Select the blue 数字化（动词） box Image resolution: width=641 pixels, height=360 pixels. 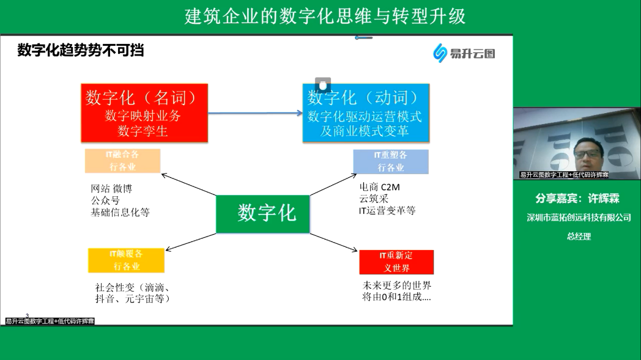click(365, 113)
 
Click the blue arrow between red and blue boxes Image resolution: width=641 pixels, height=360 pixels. click(255, 113)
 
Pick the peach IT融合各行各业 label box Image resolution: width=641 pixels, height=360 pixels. click(122, 161)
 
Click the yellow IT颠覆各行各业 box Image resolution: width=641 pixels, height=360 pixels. click(126, 260)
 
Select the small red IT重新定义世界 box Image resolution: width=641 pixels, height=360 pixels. click(396, 262)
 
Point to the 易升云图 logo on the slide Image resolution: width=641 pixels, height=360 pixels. click(464, 53)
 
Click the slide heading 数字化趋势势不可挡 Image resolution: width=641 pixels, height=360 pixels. click(81, 51)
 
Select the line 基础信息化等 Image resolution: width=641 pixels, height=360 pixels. click(120, 212)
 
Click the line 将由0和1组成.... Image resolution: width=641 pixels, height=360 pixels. click(396, 298)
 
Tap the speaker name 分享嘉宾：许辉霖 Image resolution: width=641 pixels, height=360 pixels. click(577, 199)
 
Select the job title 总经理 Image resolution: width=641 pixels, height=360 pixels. click(579, 237)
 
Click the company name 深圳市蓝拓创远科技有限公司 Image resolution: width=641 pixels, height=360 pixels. click(579, 218)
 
